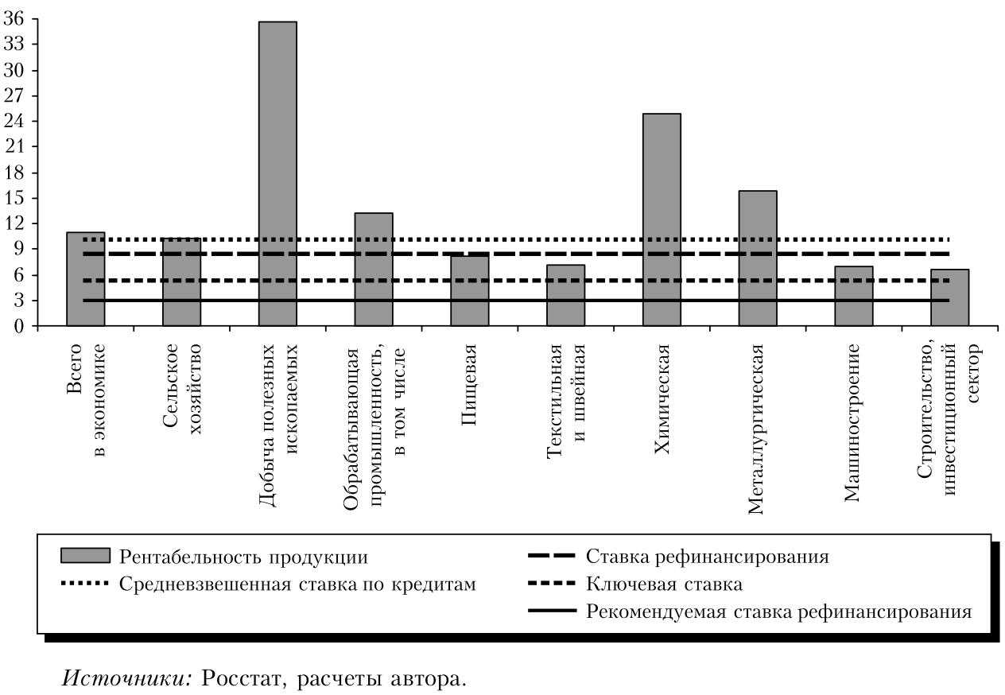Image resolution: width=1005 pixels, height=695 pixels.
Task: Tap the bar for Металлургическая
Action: (x=758, y=258)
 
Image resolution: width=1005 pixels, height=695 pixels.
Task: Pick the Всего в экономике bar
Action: (x=86, y=278)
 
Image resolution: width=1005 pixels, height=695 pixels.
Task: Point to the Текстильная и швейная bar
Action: (x=565, y=295)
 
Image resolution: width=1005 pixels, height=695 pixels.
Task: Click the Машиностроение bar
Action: (x=854, y=296)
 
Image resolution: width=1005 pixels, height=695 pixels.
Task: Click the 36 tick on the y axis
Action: (x=15, y=19)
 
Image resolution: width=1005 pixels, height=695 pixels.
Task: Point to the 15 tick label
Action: (x=15, y=198)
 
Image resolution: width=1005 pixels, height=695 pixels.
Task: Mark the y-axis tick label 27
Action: (x=15, y=96)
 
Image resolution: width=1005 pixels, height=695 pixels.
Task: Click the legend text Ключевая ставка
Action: (x=664, y=584)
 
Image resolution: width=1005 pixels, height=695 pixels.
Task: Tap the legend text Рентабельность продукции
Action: (x=243, y=557)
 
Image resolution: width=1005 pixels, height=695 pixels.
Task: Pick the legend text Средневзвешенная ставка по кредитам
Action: (x=298, y=584)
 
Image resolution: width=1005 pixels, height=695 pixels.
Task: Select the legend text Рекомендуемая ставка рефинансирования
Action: (x=779, y=612)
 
